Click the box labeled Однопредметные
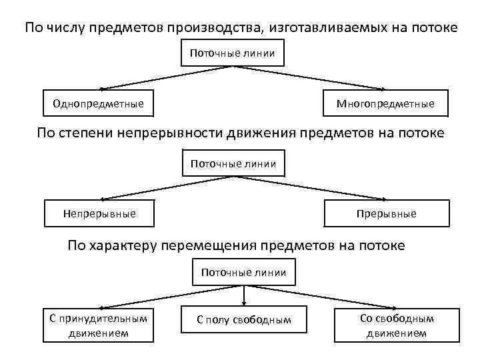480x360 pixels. point(98,103)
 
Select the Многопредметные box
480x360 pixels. point(385,103)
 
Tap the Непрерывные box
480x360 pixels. point(99,213)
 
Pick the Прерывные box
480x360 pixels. point(387,213)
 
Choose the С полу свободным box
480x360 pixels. point(244,320)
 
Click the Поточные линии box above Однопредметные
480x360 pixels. point(233,53)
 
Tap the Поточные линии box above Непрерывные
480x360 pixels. point(233,163)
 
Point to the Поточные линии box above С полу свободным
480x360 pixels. point(243,272)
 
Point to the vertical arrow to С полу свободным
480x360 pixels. point(244,295)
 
